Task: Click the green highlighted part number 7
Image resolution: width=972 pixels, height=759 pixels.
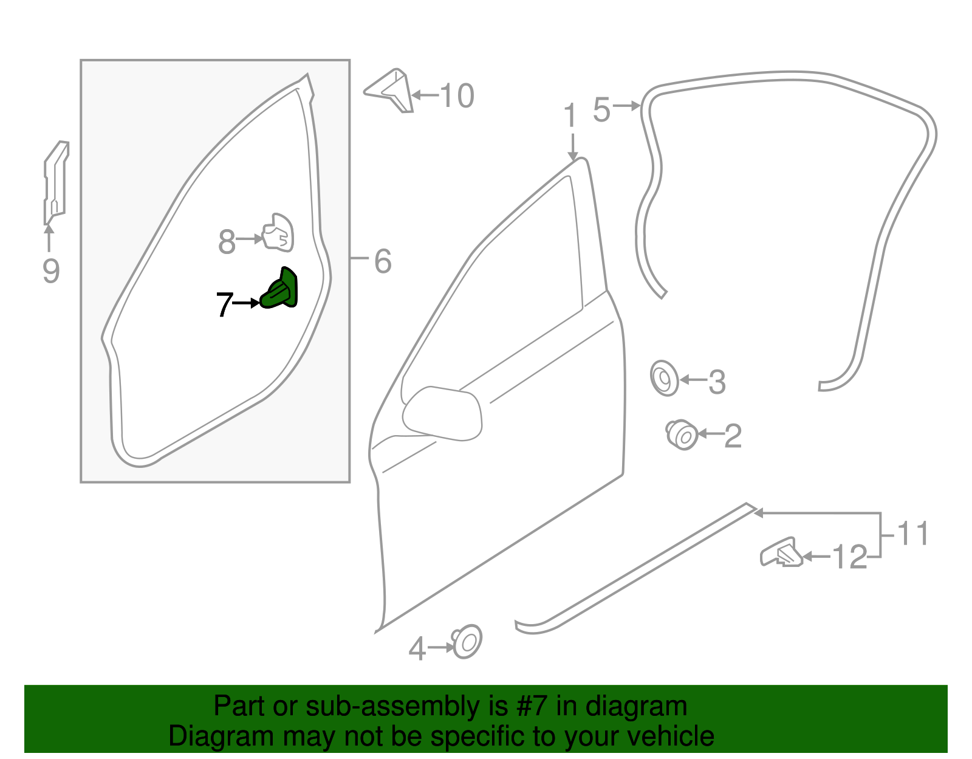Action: (280, 290)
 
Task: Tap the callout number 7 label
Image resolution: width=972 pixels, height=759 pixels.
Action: (224, 304)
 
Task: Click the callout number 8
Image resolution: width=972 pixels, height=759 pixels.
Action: (227, 242)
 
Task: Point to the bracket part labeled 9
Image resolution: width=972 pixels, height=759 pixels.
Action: (55, 182)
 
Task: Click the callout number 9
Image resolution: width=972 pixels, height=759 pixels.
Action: (51, 270)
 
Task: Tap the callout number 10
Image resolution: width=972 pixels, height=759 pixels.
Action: (457, 96)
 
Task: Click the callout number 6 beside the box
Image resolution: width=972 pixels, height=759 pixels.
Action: (383, 261)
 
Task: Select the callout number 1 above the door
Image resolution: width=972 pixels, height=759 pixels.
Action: (569, 115)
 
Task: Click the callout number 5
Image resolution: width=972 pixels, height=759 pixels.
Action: (601, 110)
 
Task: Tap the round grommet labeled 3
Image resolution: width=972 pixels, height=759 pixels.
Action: (664, 379)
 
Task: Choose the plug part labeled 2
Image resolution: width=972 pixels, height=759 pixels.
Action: (682, 434)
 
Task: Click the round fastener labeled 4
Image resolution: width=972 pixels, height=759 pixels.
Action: (467, 641)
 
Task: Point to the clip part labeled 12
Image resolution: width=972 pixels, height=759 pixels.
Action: (781, 553)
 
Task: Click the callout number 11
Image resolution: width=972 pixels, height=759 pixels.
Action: (913, 534)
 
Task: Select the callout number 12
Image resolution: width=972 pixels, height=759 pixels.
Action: (849, 557)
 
